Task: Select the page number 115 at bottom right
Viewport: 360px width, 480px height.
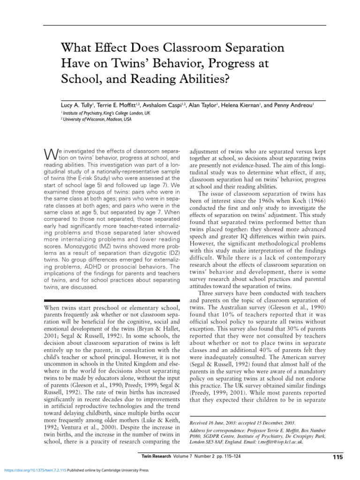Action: (337, 457)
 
